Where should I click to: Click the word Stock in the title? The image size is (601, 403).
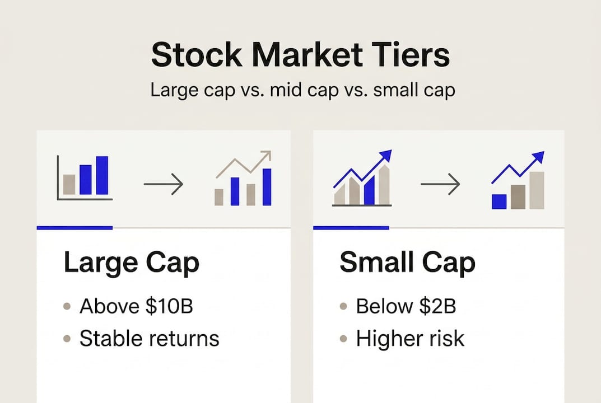(197, 55)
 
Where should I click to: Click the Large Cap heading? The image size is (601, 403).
(132, 264)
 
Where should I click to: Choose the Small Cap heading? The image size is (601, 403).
(407, 263)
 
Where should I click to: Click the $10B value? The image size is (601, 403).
(169, 306)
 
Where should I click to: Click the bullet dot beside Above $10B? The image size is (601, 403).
(67, 306)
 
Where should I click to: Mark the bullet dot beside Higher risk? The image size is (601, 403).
(343, 339)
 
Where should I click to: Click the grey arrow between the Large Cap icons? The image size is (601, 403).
(164, 184)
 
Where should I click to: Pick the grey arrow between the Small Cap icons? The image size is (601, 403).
(440, 184)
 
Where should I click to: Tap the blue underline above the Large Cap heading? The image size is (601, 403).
(74, 228)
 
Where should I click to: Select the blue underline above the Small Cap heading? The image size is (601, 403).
(351, 228)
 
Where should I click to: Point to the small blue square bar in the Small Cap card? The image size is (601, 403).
(499, 201)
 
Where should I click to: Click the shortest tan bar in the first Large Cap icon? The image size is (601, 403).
(69, 184)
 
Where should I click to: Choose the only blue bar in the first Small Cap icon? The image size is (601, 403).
(369, 190)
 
